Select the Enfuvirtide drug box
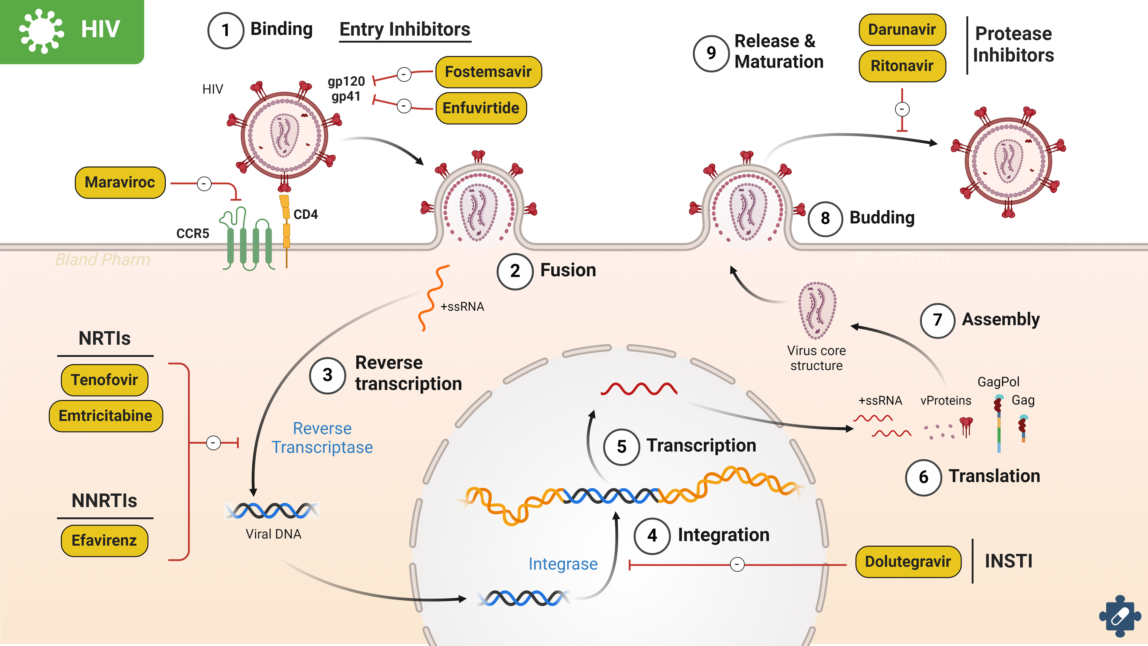(481, 108)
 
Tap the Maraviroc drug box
(120, 182)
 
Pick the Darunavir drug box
(902, 29)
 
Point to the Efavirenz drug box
(104, 541)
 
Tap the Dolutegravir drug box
(908, 561)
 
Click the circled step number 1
(225, 30)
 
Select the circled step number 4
(652, 535)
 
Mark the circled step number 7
(937, 320)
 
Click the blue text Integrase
(563, 564)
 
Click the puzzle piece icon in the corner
(1120, 616)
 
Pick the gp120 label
(346, 82)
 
